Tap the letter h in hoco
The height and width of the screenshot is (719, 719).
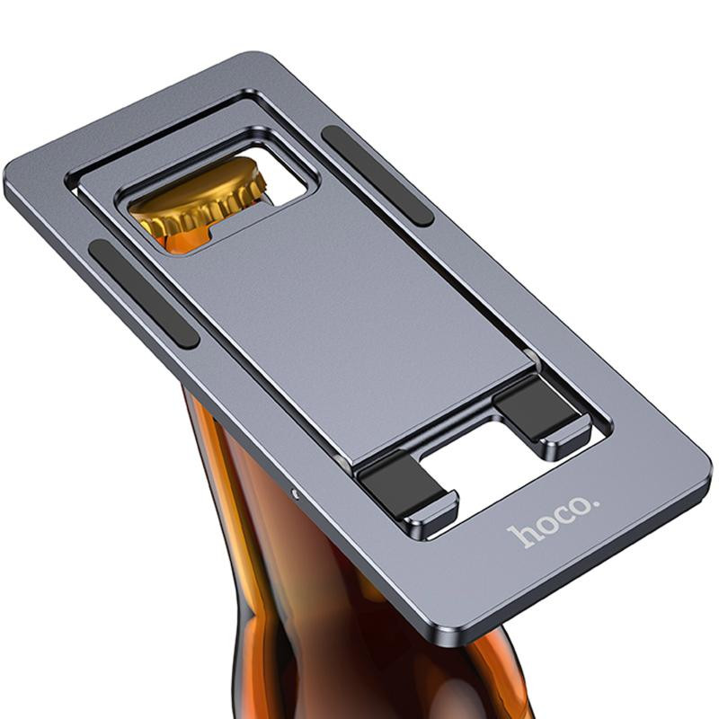click(519, 537)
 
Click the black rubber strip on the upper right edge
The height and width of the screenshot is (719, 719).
click(377, 174)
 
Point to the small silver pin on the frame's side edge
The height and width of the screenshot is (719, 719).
click(297, 492)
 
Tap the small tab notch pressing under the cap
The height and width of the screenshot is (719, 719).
click(216, 236)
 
